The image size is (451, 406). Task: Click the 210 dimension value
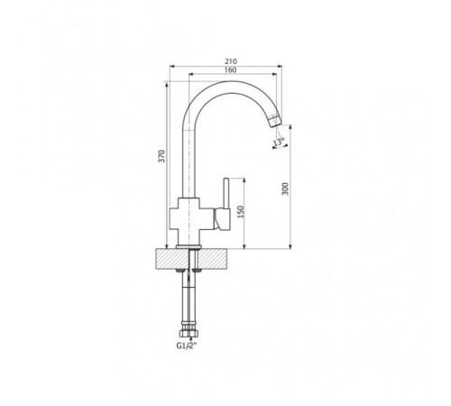(231, 61)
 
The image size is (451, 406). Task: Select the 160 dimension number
(230, 70)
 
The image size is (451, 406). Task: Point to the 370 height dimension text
(161, 156)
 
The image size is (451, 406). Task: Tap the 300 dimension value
(285, 189)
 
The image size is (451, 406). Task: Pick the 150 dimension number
(241, 212)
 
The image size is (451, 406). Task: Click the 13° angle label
(280, 142)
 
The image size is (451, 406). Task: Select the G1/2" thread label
(187, 346)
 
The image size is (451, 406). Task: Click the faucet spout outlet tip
(275, 122)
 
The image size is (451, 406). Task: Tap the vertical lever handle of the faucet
(226, 193)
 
